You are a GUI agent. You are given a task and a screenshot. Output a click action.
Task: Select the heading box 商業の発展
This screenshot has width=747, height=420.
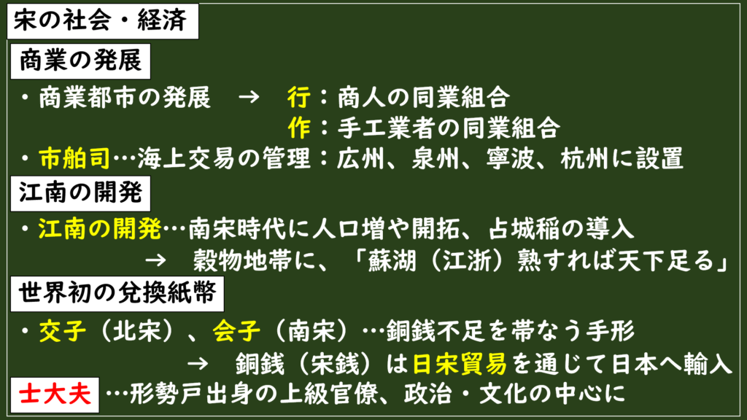(x=80, y=61)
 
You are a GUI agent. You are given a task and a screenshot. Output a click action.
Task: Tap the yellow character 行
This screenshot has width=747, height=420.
(x=299, y=98)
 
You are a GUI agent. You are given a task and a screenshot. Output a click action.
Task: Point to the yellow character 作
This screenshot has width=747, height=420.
(x=299, y=128)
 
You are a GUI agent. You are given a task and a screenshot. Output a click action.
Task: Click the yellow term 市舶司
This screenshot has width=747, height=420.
(x=75, y=158)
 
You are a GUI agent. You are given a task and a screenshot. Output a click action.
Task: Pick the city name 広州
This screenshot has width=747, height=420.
(x=360, y=158)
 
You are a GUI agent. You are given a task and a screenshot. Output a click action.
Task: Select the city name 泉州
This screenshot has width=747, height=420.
(x=436, y=158)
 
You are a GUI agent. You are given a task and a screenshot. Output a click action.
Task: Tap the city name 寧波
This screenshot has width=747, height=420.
(x=510, y=158)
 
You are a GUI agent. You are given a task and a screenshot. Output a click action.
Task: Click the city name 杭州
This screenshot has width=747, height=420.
(x=584, y=158)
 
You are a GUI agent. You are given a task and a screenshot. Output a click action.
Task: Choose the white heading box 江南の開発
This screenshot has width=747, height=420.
(x=80, y=194)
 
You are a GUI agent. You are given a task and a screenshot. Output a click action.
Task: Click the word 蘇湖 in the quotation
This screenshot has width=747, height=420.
(x=392, y=261)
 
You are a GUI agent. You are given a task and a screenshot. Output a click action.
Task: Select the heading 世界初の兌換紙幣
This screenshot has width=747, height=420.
(x=117, y=294)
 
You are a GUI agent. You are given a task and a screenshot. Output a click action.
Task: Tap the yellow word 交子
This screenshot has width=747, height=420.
(x=63, y=330)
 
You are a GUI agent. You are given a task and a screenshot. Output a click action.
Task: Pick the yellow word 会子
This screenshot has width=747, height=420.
(x=237, y=330)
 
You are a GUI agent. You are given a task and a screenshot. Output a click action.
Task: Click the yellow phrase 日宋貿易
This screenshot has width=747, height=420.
(x=460, y=365)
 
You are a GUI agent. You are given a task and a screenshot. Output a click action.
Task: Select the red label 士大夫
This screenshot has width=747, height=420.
(x=55, y=395)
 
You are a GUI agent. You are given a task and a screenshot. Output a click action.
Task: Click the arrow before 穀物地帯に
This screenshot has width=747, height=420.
(x=155, y=260)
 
